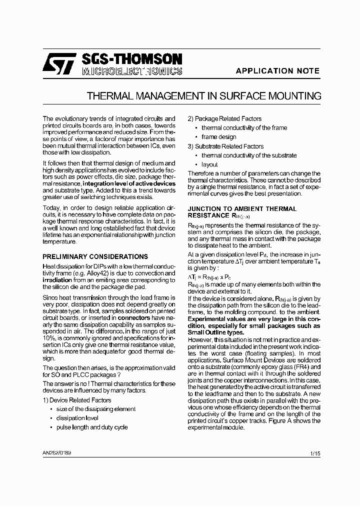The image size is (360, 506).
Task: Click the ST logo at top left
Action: [58, 64]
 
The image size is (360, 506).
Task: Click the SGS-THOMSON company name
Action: [132, 59]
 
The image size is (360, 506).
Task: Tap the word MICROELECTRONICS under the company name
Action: [132, 71]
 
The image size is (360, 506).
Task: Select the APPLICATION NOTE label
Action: [277, 71]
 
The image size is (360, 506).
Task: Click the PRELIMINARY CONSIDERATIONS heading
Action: [95, 256]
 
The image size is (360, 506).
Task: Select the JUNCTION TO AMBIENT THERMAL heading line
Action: [241, 208]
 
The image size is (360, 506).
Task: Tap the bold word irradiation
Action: [57, 280]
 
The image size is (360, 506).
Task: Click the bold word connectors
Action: [133, 317]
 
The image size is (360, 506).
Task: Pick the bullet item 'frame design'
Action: [218, 137]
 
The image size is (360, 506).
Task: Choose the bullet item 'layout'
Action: [209, 164]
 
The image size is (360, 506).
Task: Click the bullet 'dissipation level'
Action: [77, 418]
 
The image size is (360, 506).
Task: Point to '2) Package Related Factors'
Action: [224, 118]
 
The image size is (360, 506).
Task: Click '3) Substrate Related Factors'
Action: [226, 146]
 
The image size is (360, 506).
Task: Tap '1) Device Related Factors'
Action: [77, 400]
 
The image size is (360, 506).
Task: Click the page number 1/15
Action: [315, 453]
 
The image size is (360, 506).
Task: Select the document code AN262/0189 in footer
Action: [57, 452]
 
